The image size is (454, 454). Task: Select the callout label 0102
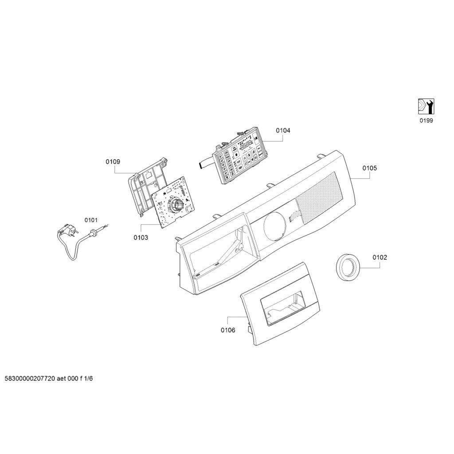[380, 257]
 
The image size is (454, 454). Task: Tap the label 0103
[141, 238]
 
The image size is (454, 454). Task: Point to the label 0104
[283, 130]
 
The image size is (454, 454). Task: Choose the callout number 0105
[369, 168]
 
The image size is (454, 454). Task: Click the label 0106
[228, 330]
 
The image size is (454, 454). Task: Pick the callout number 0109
[113, 162]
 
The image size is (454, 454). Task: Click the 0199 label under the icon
[427, 120]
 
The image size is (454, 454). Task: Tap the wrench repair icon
[427, 106]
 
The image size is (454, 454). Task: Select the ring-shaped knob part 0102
[347, 268]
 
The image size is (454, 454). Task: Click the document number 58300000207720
[30, 379]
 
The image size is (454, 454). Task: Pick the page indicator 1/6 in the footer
[89, 379]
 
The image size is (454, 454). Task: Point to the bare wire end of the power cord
[106, 227]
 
